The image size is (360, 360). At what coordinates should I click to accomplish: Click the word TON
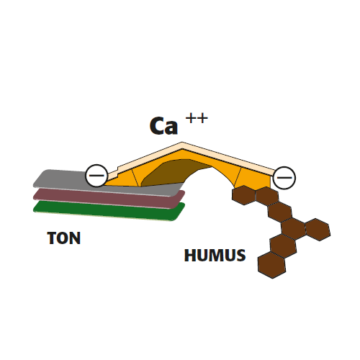coord(64,238)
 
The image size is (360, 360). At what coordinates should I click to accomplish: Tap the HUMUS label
coord(215,255)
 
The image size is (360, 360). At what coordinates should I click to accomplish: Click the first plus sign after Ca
coord(191,118)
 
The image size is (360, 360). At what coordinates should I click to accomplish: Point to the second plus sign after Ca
coord(202,118)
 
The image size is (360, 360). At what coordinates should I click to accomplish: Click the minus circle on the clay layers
coord(96,176)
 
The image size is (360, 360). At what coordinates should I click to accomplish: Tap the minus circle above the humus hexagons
coord(284,178)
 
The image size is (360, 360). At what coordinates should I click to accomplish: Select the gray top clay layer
coord(108,183)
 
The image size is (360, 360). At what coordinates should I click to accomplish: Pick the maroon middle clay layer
coord(109,198)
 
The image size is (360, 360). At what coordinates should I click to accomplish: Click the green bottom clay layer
coord(109,211)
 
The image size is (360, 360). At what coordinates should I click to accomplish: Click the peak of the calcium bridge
coord(182,143)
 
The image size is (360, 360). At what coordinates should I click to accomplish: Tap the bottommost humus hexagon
coord(271,265)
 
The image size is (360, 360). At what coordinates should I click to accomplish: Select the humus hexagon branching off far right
coord(318,230)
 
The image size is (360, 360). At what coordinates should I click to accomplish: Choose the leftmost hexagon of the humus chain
coord(243,195)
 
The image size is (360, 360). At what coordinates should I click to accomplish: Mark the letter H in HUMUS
coord(190,255)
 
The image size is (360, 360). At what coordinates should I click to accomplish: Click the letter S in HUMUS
coord(240,255)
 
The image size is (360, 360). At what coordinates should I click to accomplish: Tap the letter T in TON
coord(52,238)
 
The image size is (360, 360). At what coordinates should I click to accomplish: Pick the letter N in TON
coord(76,238)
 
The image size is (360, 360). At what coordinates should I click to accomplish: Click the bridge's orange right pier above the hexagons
coord(254,178)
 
